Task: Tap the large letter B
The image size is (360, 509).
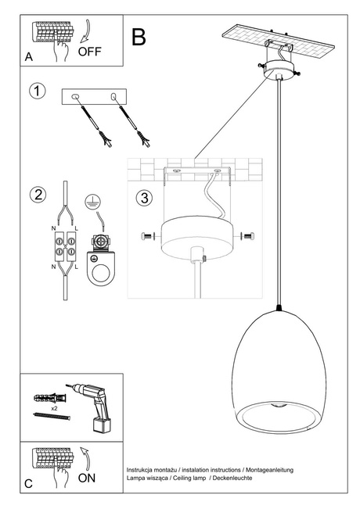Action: pyautogui.click(x=139, y=37)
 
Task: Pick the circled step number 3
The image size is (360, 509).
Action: pyautogui.click(x=143, y=197)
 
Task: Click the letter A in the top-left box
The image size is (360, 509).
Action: pyautogui.click(x=29, y=58)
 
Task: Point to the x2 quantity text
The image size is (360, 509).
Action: pyautogui.click(x=54, y=408)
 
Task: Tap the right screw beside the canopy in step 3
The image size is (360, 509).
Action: pyautogui.click(x=247, y=235)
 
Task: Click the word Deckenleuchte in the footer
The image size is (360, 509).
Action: pyautogui.click(x=234, y=476)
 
